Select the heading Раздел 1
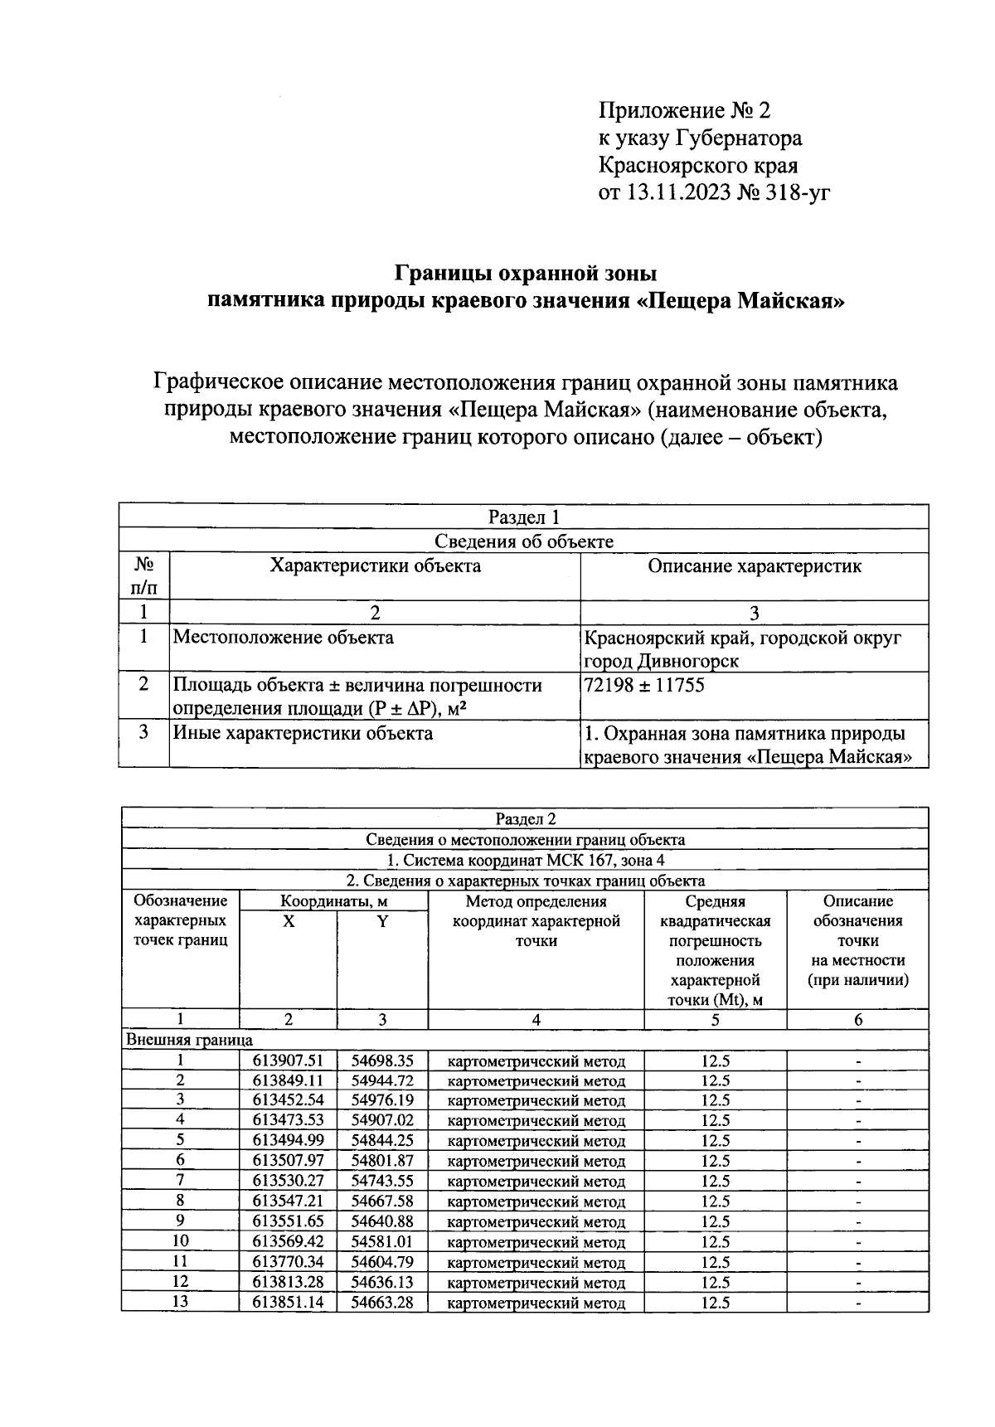coord(524,517)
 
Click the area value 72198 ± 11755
coord(645,685)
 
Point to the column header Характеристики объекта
coord(375,565)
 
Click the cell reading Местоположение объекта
coord(283,637)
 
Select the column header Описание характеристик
coord(754,565)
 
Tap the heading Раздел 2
coord(524,818)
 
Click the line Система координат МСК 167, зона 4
coord(526,860)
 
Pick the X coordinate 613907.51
coord(288,1061)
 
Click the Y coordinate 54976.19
coord(381,1100)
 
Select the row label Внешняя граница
coord(189,1040)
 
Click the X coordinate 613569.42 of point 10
coord(288,1241)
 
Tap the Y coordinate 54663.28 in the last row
coord(381,1302)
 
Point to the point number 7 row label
coord(180,1181)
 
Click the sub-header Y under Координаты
coord(382,921)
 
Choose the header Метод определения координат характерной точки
coord(536,920)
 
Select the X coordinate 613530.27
coord(288,1181)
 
